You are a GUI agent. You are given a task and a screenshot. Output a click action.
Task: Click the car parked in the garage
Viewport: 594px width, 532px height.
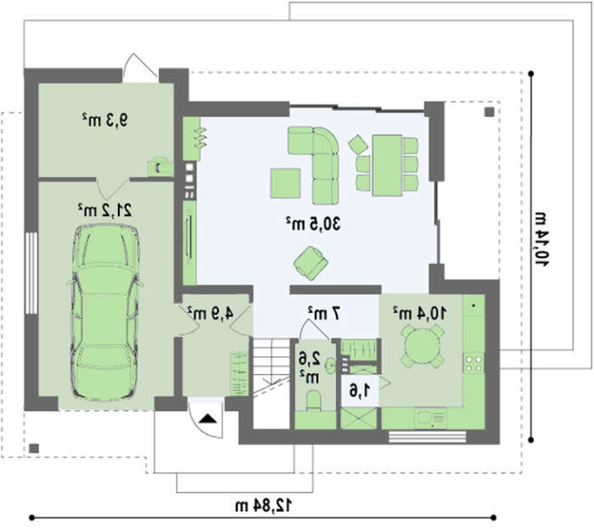(x=105, y=312)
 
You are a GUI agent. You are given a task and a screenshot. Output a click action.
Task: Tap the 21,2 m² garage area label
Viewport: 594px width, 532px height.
(x=104, y=210)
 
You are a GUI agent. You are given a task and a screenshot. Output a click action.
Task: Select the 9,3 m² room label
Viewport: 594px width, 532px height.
(x=104, y=120)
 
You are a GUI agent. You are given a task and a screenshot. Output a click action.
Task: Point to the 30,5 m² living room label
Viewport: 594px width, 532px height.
(x=313, y=223)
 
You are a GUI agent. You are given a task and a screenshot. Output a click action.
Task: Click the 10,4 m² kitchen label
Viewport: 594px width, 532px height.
(x=419, y=313)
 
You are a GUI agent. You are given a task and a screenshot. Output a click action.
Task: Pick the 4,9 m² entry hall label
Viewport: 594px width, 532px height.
(x=210, y=313)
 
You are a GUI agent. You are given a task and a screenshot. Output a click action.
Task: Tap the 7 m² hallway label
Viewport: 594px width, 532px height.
(x=324, y=313)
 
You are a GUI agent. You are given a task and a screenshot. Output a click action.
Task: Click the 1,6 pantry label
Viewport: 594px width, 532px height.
(x=360, y=390)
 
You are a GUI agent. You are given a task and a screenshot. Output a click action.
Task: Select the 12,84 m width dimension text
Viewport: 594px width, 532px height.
(x=264, y=506)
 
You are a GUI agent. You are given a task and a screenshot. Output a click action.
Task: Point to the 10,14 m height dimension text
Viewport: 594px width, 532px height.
(x=541, y=239)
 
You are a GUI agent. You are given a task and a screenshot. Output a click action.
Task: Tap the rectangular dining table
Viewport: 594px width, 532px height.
(x=387, y=165)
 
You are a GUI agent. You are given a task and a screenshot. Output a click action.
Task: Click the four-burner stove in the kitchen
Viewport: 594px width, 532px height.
(x=474, y=363)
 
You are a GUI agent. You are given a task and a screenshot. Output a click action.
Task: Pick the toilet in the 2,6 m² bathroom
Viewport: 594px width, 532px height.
(x=314, y=401)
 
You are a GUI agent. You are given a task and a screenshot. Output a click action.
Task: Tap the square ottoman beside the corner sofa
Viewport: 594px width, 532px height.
(x=286, y=183)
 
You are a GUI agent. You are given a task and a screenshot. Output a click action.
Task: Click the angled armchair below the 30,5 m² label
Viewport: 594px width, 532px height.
(x=311, y=263)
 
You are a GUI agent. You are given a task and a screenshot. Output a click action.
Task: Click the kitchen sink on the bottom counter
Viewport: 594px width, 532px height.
(x=431, y=418)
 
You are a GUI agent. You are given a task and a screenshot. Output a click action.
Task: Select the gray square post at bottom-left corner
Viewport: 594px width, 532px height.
(x=34, y=448)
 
